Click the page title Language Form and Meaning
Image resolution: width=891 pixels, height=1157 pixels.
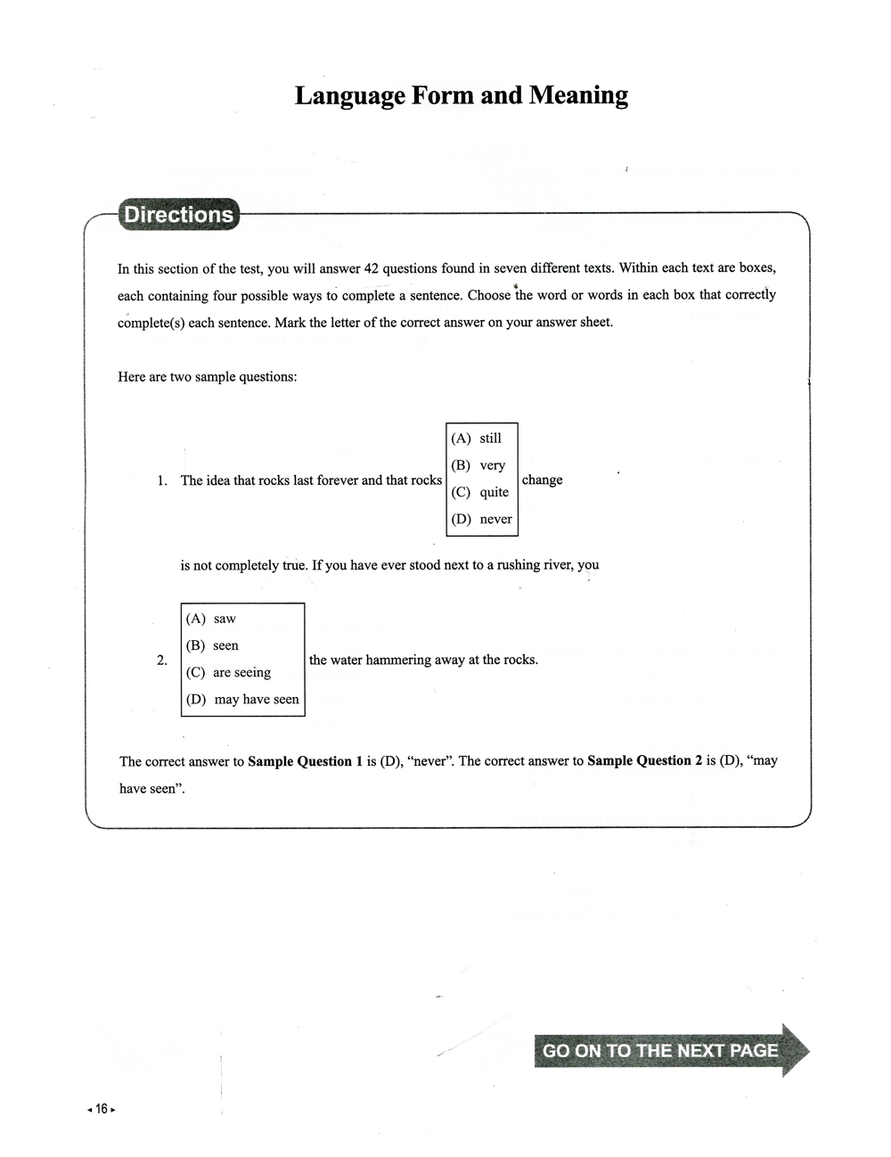(x=461, y=95)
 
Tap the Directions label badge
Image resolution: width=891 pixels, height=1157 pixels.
(x=178, y=215)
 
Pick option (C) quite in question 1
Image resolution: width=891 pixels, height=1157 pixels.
(x=480, y=492)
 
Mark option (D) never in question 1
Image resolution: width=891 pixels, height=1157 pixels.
(x=482, y=519)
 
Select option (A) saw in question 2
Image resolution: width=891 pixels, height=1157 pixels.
(x=211, y=619)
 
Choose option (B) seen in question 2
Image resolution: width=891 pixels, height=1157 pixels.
(x=213, y=645)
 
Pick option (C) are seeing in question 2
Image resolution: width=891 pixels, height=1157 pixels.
(x=229, y=672)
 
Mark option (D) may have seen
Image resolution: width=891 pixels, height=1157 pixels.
(x=242, y=700)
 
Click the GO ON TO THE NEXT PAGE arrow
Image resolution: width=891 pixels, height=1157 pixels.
(x=669, y=1050)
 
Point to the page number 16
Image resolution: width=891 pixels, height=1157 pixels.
(x=102, y=1109)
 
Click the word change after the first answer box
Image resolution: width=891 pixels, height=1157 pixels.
(x=542, y=480)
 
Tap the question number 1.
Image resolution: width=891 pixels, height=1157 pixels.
(x=161, y=480)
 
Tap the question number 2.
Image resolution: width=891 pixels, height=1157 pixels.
(x=161, y=661)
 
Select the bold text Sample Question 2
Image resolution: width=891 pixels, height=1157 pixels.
(x=644, y=760)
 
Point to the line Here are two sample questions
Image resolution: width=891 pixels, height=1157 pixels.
(x=207, y=377)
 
